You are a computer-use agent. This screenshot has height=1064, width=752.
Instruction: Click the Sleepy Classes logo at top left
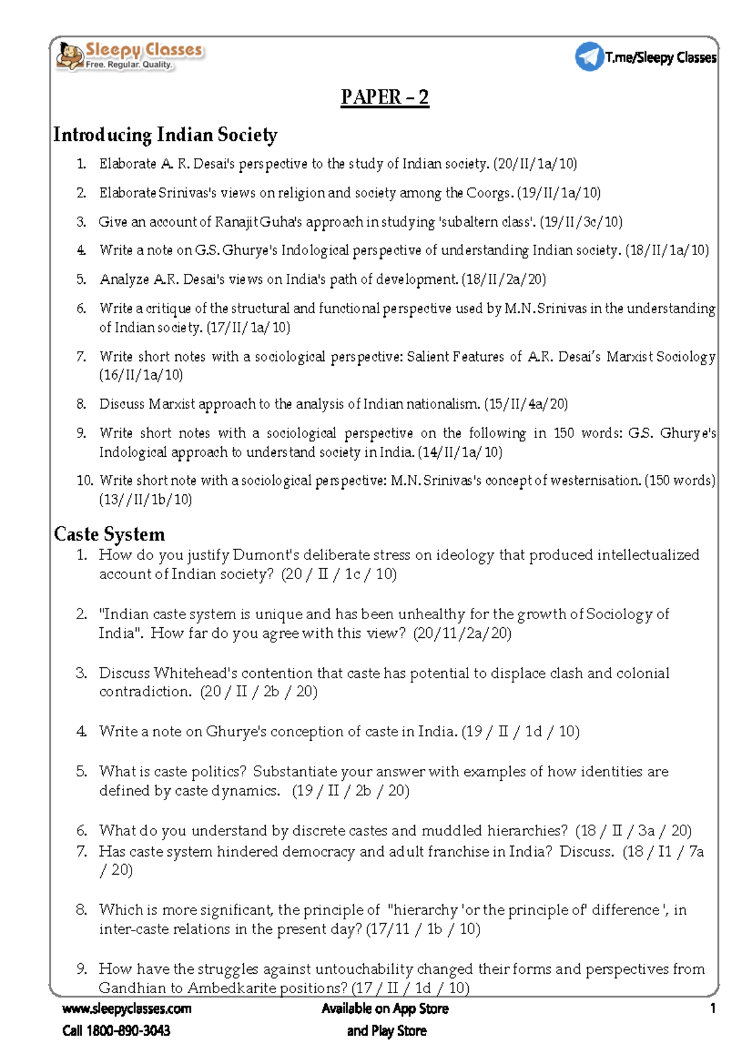129,55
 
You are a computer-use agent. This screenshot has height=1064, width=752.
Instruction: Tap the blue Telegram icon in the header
589,56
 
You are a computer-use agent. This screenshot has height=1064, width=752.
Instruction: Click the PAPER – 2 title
385,97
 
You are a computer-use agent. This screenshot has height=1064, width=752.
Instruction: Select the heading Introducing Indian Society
165,135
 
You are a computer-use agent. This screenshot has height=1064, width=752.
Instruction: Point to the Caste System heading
109,534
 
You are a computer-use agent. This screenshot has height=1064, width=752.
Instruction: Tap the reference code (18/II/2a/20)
504,279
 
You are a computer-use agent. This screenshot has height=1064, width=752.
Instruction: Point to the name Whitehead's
196,673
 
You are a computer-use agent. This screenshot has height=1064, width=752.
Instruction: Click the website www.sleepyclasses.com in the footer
127,1008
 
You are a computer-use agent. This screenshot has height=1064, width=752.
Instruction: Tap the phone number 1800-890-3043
128,1031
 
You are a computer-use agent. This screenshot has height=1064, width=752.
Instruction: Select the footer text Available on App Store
385,1008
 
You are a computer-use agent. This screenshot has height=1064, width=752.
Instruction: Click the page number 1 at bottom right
713,1008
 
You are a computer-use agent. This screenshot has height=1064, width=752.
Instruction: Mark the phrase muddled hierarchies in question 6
494,831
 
